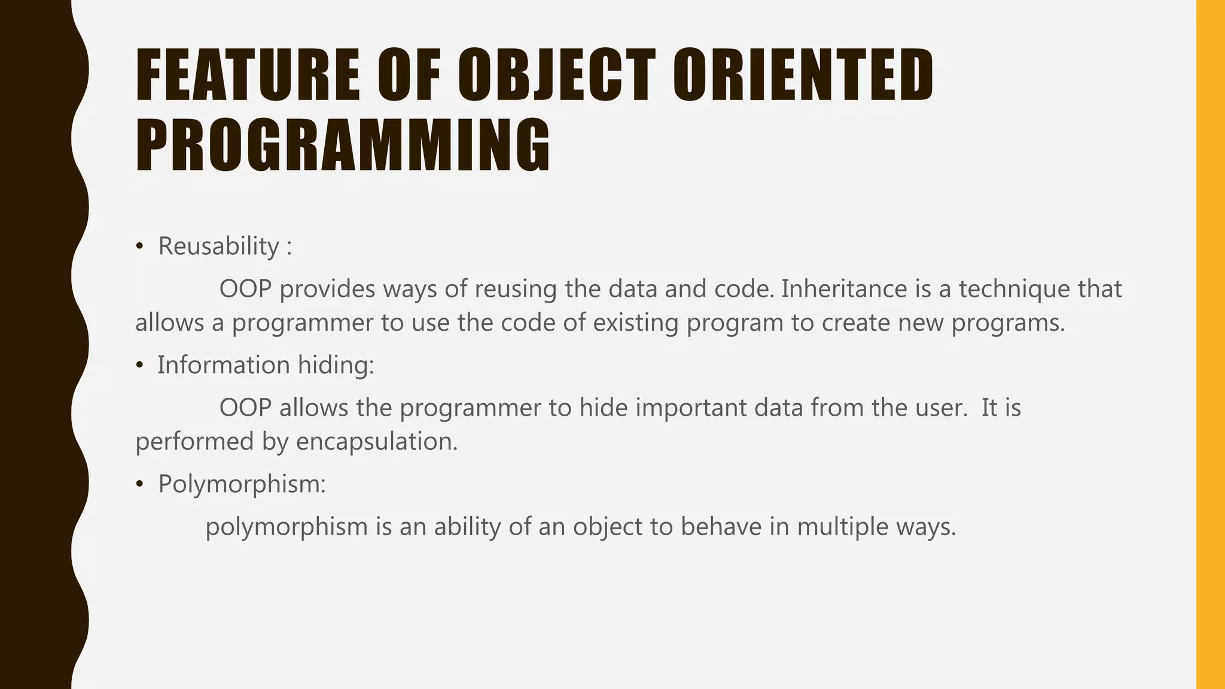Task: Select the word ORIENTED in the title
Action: [803, 76]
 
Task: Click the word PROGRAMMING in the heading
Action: [343, 146]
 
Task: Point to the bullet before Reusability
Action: [139, 246]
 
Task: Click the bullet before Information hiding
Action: [139, 365]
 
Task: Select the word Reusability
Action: [218, 246]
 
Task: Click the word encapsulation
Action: [377, 442]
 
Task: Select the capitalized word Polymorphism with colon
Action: [242, 484]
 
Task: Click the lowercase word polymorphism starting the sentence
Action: [287, 528]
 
